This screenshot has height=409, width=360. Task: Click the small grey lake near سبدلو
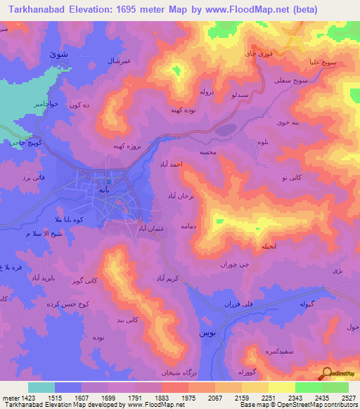[x=226, y=129]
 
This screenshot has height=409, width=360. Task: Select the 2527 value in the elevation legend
[x=347, y=398]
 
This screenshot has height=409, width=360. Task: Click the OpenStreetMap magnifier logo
[x=326, y=375]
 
